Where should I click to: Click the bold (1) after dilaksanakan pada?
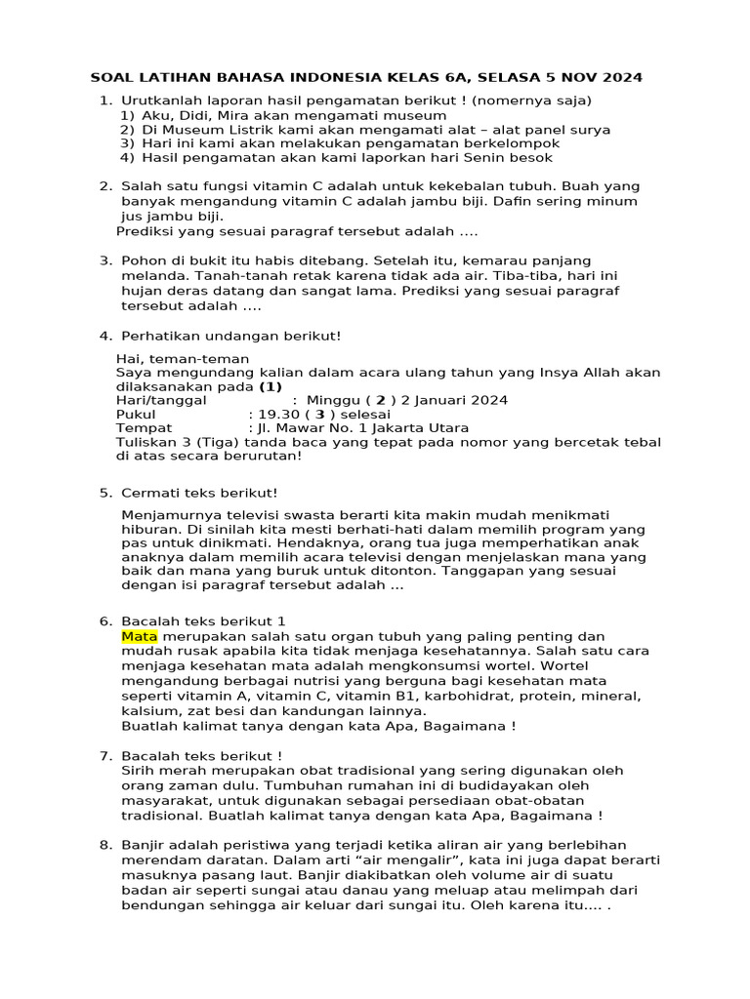click(x=270, y=385)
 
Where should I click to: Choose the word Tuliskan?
click(x=146, y=442)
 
